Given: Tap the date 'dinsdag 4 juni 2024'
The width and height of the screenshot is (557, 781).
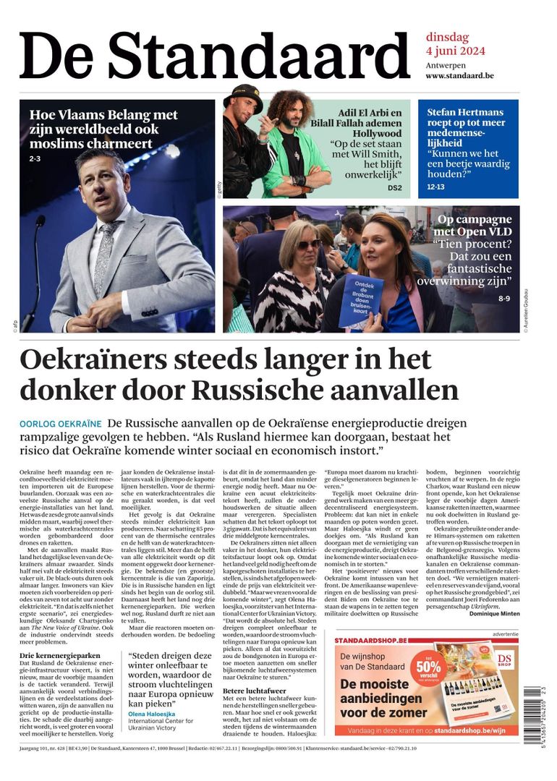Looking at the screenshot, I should point(455,44).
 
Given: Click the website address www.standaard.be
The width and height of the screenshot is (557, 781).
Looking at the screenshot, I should point(459,75).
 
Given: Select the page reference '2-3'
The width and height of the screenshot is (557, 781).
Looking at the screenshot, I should point(35,158).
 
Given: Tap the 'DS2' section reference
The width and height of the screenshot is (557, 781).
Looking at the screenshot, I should point(394,188).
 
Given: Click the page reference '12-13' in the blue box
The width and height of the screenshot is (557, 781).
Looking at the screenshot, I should point(436,187).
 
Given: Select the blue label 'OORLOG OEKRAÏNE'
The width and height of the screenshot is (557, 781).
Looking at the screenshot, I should point(60,423).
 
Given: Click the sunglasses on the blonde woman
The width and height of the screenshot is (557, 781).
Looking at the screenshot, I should point(310,244).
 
